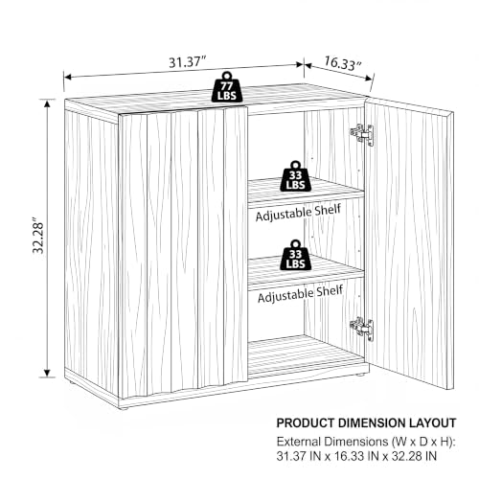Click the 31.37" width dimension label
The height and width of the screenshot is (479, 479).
tap(188, 61)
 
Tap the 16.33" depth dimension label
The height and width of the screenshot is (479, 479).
tap(342, 63)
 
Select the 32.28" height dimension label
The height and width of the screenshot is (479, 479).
tap(38, 236)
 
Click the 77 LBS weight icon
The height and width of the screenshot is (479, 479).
tap(227, 87)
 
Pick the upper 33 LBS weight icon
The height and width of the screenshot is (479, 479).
tap(295, 176)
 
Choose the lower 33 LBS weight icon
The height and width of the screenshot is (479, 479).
tap(295, 255)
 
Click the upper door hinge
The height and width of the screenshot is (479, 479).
tap(362, 135)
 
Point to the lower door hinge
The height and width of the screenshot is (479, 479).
tap(362, 329)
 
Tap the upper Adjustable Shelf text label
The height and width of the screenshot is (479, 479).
tap(298, 213)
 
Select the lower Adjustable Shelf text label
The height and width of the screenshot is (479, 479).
tap(300, 294)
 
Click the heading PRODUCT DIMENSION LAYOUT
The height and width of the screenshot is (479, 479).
tap(366, 422)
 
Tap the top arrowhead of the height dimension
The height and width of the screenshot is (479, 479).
tap(47, 104)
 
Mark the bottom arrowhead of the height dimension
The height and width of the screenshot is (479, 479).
tap(47, 373)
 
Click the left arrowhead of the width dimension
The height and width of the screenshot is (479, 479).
tap(68, 77)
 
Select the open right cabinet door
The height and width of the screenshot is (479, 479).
tap(410, 243)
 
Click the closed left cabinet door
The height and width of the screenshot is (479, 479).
tap(183, 252)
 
